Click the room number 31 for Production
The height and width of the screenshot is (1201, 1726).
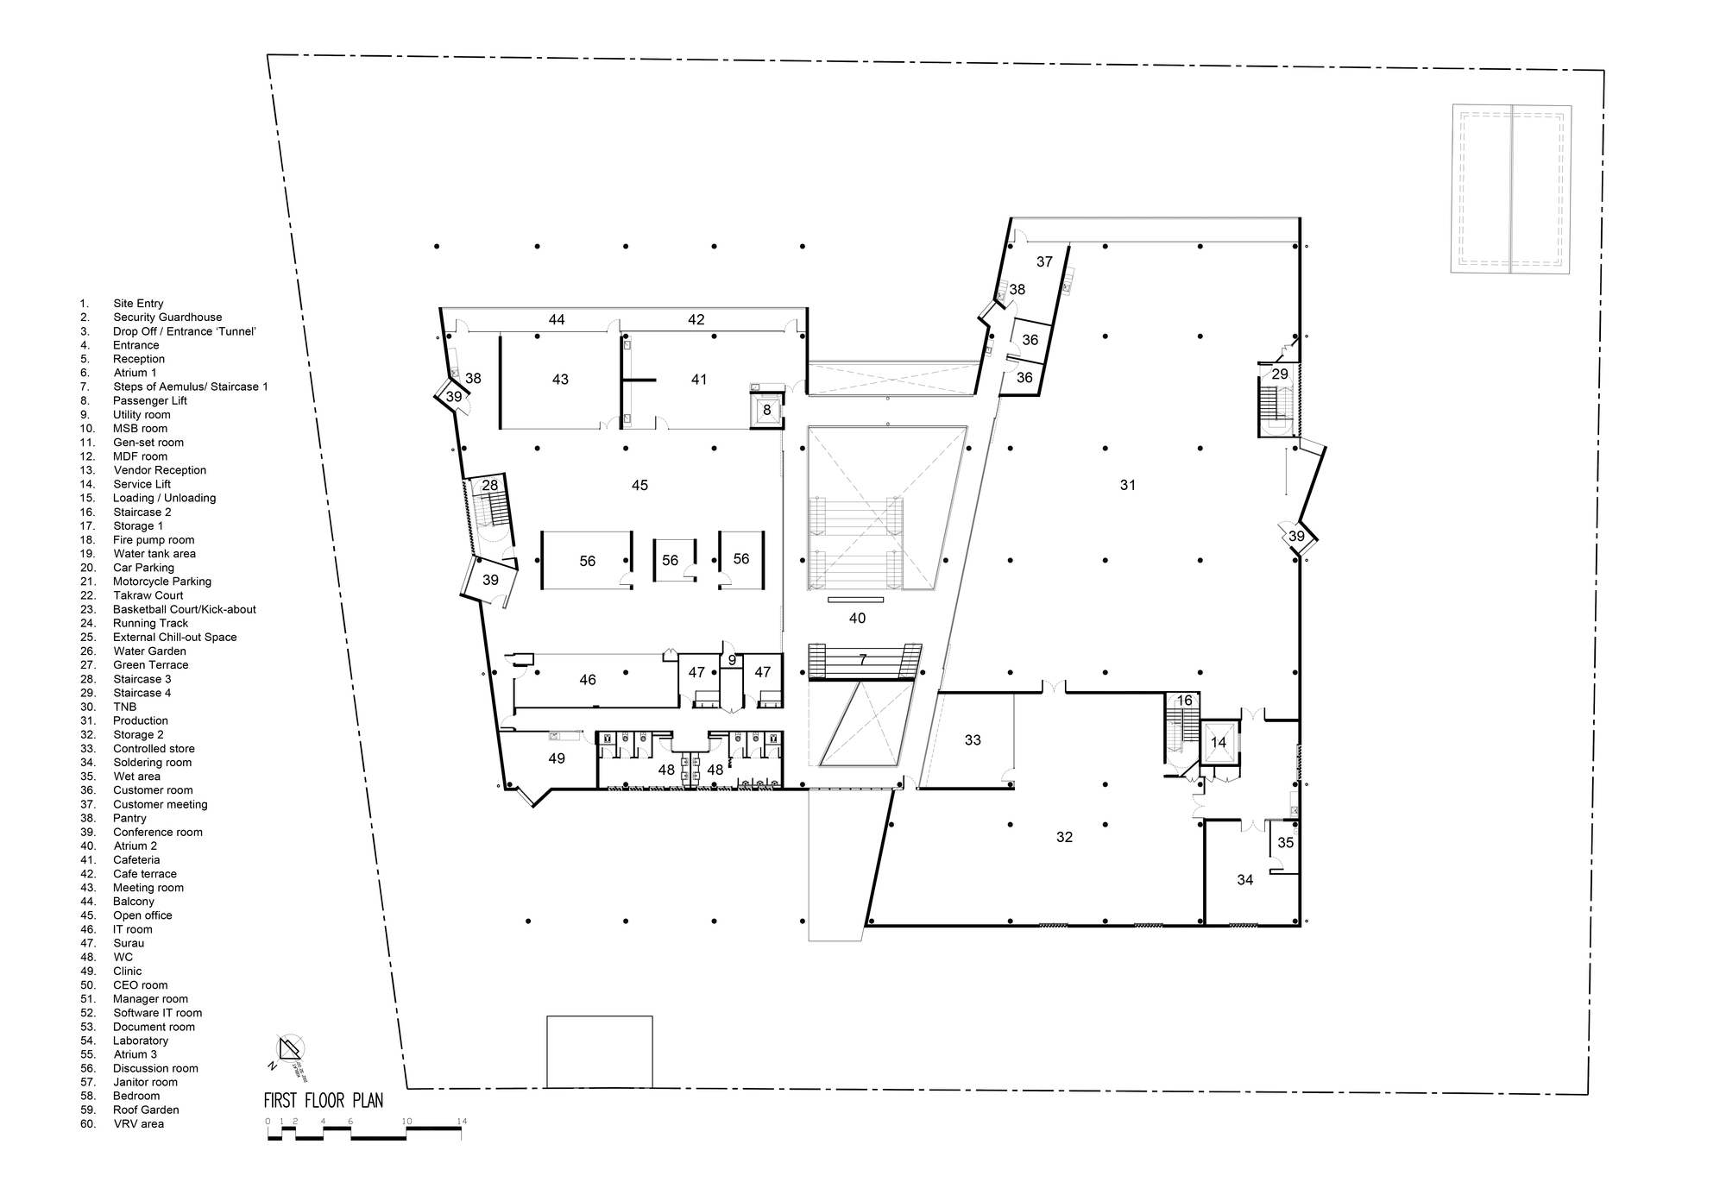[1127, 485]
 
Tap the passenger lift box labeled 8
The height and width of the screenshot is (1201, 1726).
[767, 411]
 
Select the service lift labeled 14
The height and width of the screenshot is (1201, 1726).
[1219, 743]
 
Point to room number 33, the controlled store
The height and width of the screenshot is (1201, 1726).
[973, 740]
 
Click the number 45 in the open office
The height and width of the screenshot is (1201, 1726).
[639, 486]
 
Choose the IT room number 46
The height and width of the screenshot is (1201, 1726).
[588, 680]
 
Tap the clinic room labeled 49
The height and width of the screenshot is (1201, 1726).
[557, 758]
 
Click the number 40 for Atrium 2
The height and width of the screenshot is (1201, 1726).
[857, 618]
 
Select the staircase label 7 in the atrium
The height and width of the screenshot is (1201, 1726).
[862, 660]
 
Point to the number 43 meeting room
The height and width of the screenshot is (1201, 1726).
[560, 380]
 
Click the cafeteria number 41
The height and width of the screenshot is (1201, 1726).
[699, 380]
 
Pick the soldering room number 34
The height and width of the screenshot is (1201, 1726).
[1244, 880]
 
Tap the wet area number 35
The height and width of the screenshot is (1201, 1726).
[1286, 843]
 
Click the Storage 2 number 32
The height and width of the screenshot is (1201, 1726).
[1064, 837]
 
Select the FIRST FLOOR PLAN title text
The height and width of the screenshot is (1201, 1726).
[324, 1101]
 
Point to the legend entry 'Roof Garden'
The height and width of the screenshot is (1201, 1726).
[146, 1110]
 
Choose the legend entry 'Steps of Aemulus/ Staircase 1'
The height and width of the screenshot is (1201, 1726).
[190, 387]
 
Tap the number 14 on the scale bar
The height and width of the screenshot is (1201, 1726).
[462, 1122]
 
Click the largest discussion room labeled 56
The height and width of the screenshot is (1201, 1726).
[588, 561]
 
